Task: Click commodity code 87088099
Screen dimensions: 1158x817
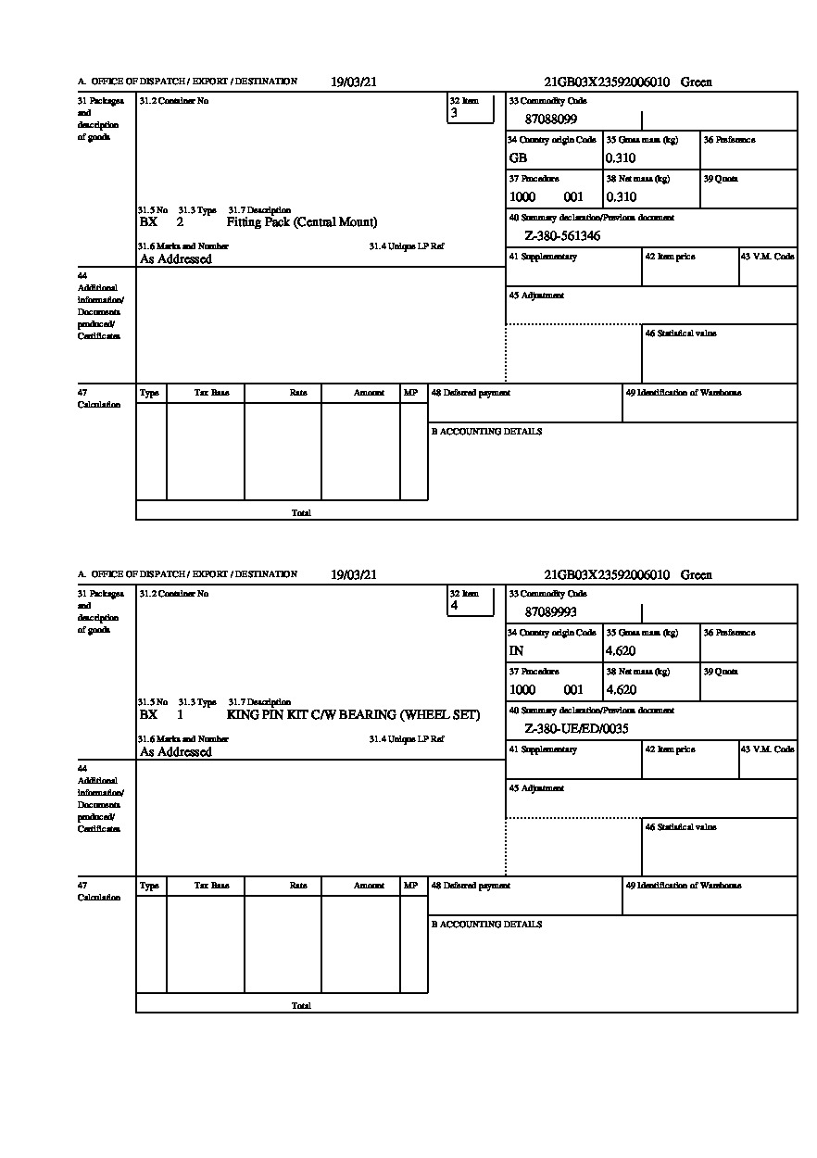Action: [550, 120]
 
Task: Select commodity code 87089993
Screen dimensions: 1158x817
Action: [550, 612]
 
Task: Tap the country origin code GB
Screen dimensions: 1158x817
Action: [518, 158]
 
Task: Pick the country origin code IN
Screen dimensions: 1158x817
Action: [516, 651]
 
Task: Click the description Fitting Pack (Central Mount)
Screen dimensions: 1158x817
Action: [302, 222]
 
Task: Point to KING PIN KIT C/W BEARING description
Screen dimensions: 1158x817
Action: [353, 715]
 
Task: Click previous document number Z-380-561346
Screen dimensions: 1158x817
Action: [562, 236]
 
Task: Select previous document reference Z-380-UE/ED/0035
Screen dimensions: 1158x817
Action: [576, 729]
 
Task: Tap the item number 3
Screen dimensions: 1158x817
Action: [454, 113]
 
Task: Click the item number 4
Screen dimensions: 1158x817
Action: [454, 606]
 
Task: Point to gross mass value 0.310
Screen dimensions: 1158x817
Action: [621, 158]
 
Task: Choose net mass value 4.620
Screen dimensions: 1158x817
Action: [621, 690]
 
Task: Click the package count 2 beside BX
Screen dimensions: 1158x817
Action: [180, 222]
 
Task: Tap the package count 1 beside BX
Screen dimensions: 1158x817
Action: [180, 715]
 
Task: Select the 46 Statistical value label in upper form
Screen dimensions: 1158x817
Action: [680, 334]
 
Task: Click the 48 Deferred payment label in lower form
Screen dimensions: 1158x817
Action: [471, 886]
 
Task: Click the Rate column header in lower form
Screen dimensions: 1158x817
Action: [297, 886]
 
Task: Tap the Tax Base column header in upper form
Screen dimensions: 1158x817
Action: [211, 393]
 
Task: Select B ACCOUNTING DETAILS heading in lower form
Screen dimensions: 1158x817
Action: [486, 925]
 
